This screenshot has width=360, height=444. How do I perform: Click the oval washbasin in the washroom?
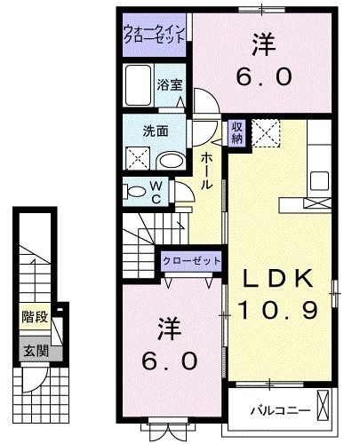click(x=171, y=159)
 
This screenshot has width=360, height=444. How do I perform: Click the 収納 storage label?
click(x=237, y=132)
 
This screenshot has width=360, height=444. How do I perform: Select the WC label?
click(x=155, y=192)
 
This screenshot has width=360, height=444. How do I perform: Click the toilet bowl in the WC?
click(x=134, y=191)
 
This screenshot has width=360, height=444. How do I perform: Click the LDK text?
click(x=277, y=278)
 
